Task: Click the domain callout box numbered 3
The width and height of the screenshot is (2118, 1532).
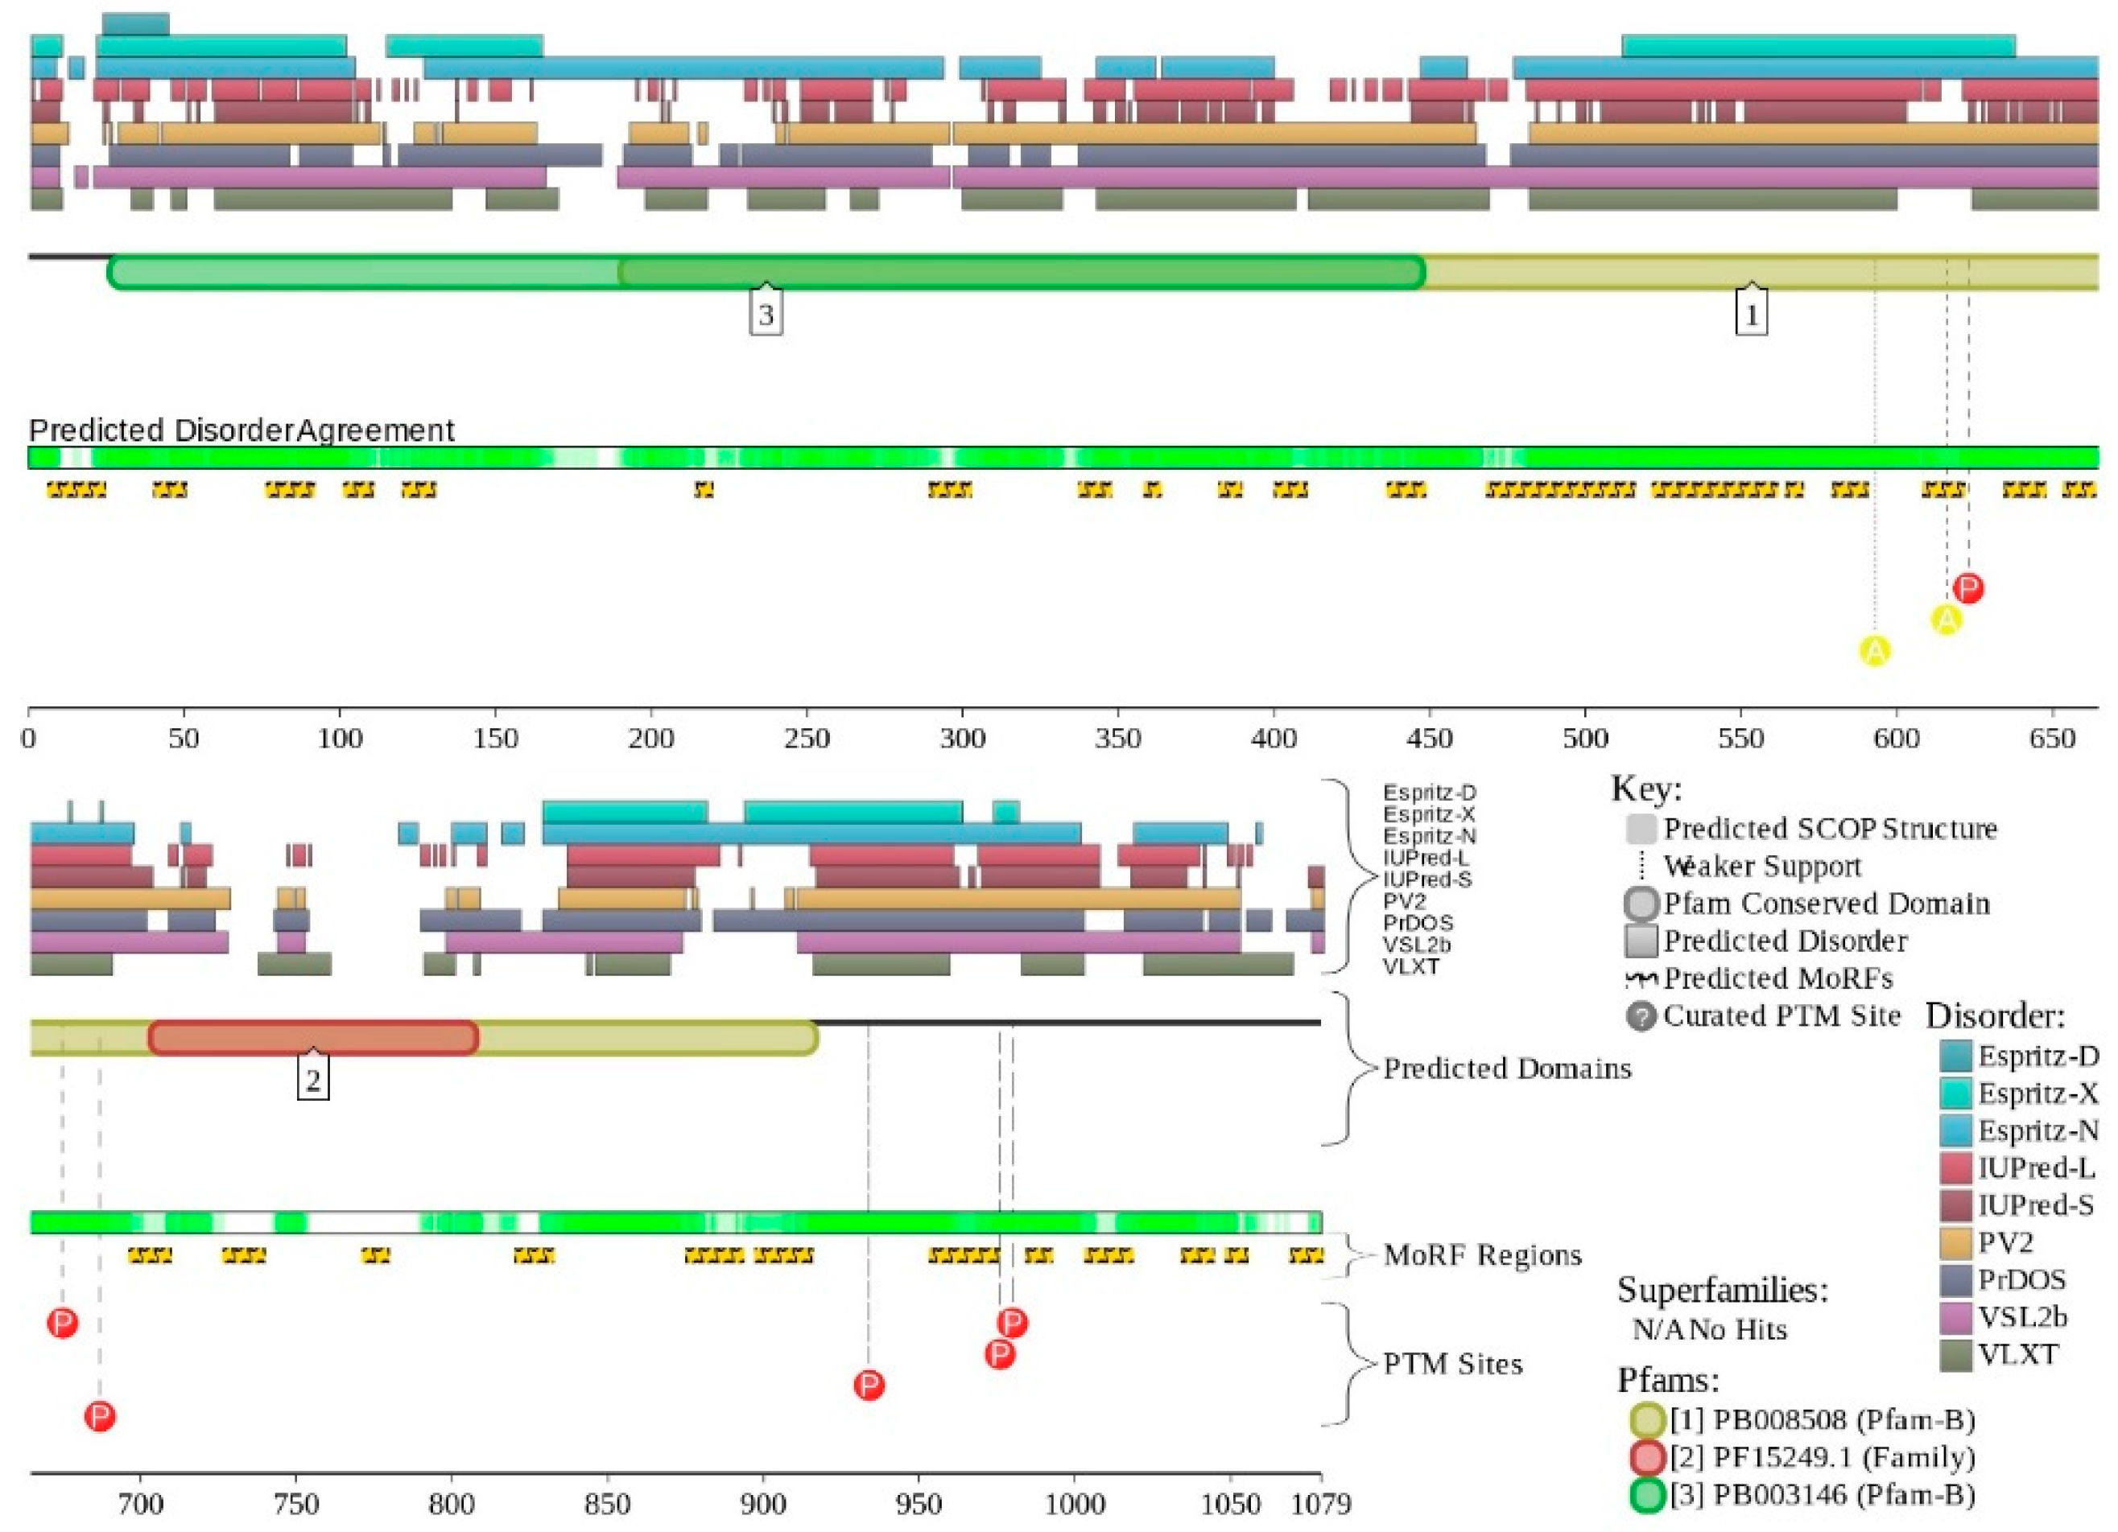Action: point(766,315)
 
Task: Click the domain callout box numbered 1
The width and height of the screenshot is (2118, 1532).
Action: point(1751,315)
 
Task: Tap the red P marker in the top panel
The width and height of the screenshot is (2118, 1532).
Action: point(1968,588)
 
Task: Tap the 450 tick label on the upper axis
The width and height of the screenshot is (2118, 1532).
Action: point(1429,739)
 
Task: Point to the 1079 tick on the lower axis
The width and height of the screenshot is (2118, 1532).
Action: point(1320,1505)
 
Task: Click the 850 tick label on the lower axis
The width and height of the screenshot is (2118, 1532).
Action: point(607,1505)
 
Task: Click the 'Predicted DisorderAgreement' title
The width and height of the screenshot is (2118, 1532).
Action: point(241,430)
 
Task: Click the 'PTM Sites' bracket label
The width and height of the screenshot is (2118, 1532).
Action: point(1452,1365)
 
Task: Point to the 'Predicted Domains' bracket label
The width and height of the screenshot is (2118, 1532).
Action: point(1506,1068)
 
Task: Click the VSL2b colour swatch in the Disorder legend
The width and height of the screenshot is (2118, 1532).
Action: point(1956,1317)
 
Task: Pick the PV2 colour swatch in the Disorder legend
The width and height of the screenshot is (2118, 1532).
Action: point(1956,1242)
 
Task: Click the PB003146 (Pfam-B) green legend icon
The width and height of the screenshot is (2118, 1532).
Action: point(1648,1495)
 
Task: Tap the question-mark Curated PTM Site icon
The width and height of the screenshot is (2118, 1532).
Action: point(1641,1015)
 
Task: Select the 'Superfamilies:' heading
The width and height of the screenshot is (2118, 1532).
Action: point(1722,1290)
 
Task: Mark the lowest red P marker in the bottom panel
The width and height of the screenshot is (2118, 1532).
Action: point(100,1416)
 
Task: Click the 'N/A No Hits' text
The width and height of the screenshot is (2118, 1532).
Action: point(1709,1329)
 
